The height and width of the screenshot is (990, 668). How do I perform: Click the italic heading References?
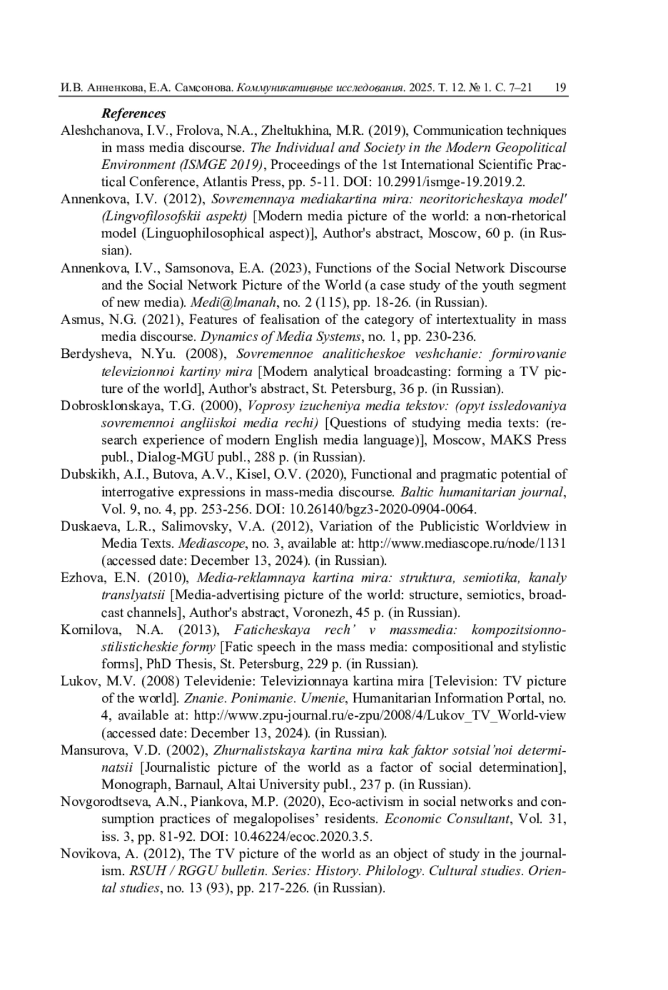pos(134,114)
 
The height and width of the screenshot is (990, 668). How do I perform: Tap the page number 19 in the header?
pos(561,87)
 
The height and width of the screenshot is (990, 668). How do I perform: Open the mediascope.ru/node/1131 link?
pos(462,544)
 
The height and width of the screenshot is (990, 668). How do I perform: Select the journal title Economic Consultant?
pos(448,819)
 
